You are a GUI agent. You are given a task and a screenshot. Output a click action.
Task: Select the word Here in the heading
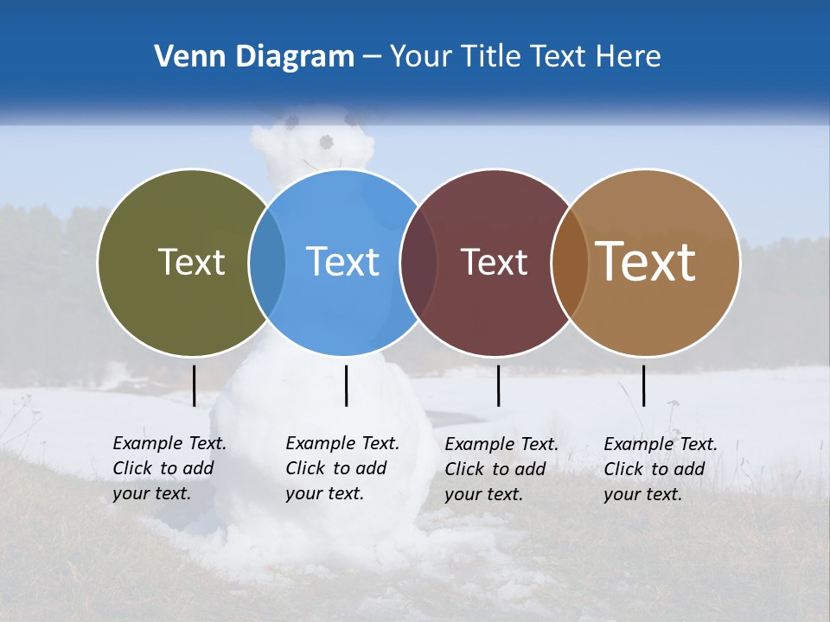(x=631, y=57)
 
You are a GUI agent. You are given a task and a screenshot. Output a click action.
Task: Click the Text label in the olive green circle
(x=191, y=262)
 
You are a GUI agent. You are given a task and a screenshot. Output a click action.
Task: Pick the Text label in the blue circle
(x=342, y=262)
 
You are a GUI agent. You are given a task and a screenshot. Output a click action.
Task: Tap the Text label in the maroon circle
(x=494, y=262)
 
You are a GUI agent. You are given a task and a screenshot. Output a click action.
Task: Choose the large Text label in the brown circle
(x=646, y=262)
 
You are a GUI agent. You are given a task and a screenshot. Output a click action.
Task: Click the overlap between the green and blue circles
(x=267, y=262)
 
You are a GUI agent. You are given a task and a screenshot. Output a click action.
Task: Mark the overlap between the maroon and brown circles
(x=570, y=262)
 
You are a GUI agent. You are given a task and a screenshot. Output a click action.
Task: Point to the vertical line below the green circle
(x=194, y=385)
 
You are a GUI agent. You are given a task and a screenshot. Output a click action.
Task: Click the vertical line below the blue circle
(x=346, y=385)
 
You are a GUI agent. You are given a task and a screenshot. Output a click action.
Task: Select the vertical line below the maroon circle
(x=498, y=385)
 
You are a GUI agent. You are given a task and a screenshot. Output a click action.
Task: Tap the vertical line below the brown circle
(x=643, y=385)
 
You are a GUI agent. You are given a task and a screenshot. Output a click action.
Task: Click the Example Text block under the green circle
(x=169, y=468)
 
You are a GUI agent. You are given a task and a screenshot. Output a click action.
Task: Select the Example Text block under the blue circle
(x=342, y=468)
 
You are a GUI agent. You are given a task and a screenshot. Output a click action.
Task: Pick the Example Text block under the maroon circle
(x=501, y=469)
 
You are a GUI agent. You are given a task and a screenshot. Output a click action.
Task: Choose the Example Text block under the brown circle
(x=660, y=469)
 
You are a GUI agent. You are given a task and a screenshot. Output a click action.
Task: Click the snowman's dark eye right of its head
(x=326, y=142)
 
